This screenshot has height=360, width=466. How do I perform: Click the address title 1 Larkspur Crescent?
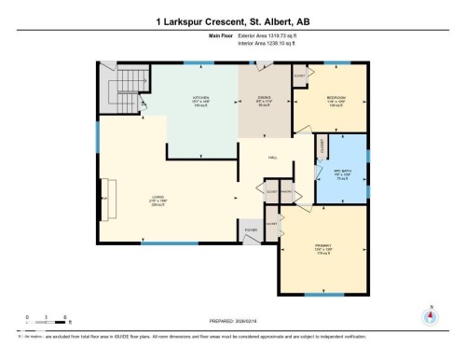232,21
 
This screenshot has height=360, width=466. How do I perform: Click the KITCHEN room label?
199,98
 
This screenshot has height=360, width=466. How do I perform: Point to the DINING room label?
264,98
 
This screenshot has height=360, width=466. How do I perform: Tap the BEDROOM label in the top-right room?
336,97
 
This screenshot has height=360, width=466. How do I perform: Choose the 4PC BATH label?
341,171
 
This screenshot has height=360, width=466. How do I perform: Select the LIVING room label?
158,197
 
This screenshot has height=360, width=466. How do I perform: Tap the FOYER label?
251,228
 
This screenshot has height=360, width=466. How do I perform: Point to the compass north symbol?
430,314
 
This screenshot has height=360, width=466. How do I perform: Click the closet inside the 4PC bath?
322,146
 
